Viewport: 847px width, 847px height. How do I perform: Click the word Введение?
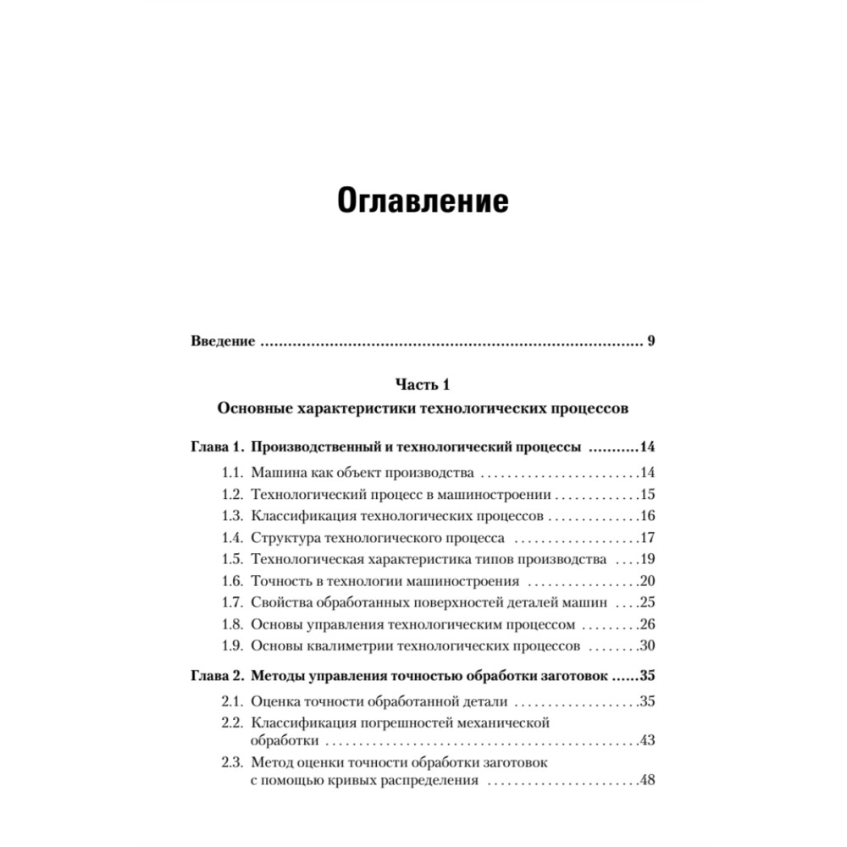coord(221,342)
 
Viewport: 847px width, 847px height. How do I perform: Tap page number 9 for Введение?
coord(650,342)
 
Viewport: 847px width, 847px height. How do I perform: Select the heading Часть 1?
coord(423,385)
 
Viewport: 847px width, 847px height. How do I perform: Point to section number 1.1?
coord(233,473)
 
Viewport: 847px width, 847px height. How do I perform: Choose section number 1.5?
coord(233,559)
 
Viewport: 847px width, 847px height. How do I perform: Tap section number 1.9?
coord(233,646)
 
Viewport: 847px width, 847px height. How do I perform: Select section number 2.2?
coord(233,722)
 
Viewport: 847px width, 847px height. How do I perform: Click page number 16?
coord(649,516)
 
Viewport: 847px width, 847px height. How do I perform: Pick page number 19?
coord(649,559)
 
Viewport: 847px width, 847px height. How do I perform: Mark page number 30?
coord(649,646)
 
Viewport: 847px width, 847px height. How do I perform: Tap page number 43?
coord(649,741)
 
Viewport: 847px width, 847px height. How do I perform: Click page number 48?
coord(649,781)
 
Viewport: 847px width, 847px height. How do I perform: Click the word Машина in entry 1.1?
coord(279,473)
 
